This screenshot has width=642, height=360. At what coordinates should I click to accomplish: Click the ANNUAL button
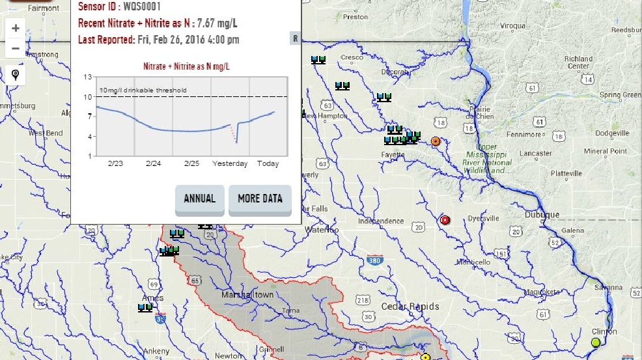pos(200,199)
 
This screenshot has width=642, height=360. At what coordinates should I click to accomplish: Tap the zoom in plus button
pos(16,28)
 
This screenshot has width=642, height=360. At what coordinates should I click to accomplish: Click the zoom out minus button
pos(16,48)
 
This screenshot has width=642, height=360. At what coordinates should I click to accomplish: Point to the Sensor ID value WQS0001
pos(142,7)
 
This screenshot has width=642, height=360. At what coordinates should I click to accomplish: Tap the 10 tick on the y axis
pos(88,97)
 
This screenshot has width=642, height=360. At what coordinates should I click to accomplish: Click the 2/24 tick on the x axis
pos(153,163)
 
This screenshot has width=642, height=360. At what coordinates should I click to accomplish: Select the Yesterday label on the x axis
pos(230,163)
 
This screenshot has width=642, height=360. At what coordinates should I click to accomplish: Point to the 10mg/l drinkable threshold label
pos(143,90)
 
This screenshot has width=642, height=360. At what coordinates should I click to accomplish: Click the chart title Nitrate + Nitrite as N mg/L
pos(186,66)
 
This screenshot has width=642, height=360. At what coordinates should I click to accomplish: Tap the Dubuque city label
pos(542,215)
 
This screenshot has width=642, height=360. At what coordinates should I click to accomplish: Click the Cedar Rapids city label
pos(410,307)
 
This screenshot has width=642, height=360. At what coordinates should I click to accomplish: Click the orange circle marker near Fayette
pos(436,141)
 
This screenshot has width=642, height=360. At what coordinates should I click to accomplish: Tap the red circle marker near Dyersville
pos(445,220)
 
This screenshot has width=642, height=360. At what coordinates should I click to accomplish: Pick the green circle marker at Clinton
pos(595,342)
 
